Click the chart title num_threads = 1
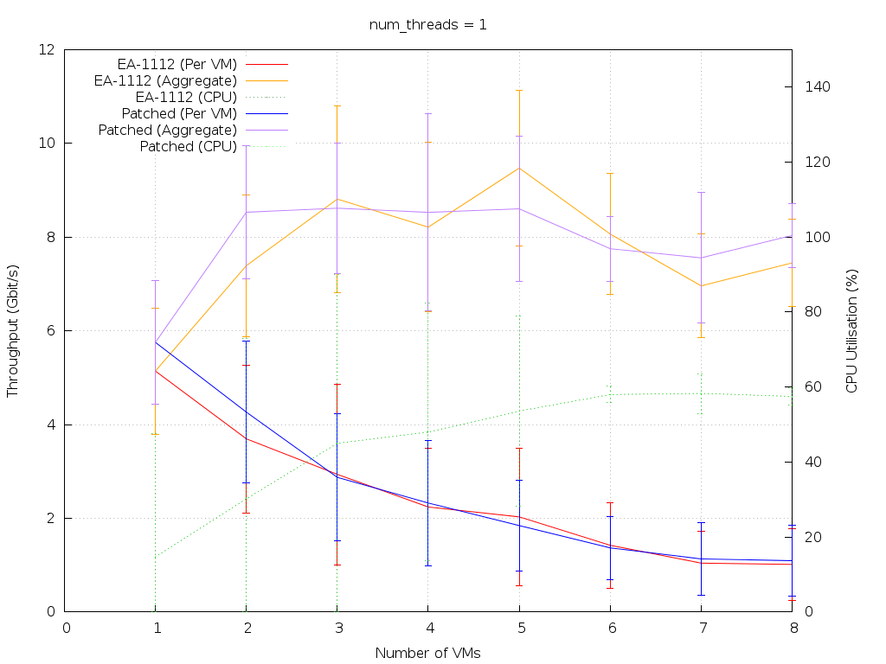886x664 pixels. click(x=427, y=24)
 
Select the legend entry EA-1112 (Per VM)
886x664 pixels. click(x=177, y=64)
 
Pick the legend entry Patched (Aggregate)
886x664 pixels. click(x=167, y=130)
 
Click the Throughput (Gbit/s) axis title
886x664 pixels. click(x=13, y=331)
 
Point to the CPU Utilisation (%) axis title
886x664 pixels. click(x=851, y=331)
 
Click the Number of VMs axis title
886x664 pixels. click(x=427, y=653)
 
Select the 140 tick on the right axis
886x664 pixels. click(x=819, y=87)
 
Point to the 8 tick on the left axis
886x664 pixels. click(x=52, y=237)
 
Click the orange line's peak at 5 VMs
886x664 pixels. click(x=519, y=168)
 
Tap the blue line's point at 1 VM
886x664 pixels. click(x=156, y=342)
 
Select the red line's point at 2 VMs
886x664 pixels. click(x=247, y=439)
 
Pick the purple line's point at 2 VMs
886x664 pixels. click(x=247, y=213)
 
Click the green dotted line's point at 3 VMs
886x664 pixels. click(x=337, y=444)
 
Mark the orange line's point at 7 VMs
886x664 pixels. click(x=701, y=286)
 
